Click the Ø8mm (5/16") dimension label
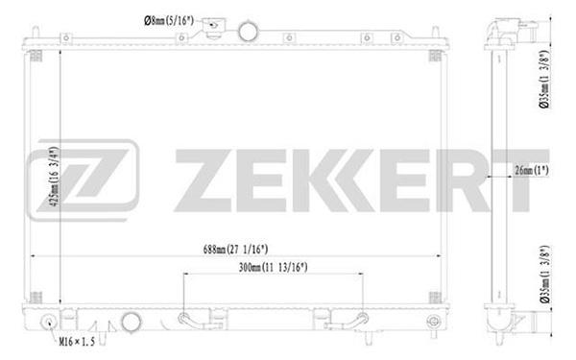[169, 21]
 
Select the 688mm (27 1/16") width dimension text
[235, 250]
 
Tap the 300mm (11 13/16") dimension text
[273, 267]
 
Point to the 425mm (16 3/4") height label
[54, 177]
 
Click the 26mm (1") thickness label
[532, 170]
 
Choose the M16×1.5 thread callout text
[77, 342]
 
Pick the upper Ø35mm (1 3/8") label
[544, 79]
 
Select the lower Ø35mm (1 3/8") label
[544, 274]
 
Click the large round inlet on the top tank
[248, 32]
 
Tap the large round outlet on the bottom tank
[131, 322]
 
